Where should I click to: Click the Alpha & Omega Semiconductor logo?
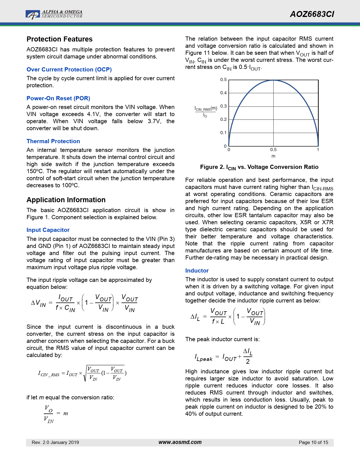(54, 14)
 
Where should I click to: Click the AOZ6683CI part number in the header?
(312, 14)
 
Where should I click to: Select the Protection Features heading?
(60, 39)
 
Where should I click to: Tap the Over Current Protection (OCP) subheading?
(69, 69)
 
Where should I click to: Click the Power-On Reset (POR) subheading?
(58, 98)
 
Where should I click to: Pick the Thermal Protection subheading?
(53, 141)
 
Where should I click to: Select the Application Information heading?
(66, 200)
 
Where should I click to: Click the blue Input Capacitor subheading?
(48, 230)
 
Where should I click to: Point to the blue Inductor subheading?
(197, 271)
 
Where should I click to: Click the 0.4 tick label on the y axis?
(223, 93)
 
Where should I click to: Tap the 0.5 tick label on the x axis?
(273, 150)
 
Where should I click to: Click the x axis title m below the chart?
(273, 156)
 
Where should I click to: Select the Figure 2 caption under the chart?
(259, 167)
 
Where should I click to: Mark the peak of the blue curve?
(273, 80)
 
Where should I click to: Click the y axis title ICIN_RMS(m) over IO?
(206, 112)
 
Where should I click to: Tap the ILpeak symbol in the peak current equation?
(203, 358)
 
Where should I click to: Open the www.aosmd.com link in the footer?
(180, 442)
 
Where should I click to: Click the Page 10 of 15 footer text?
(313, 443)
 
